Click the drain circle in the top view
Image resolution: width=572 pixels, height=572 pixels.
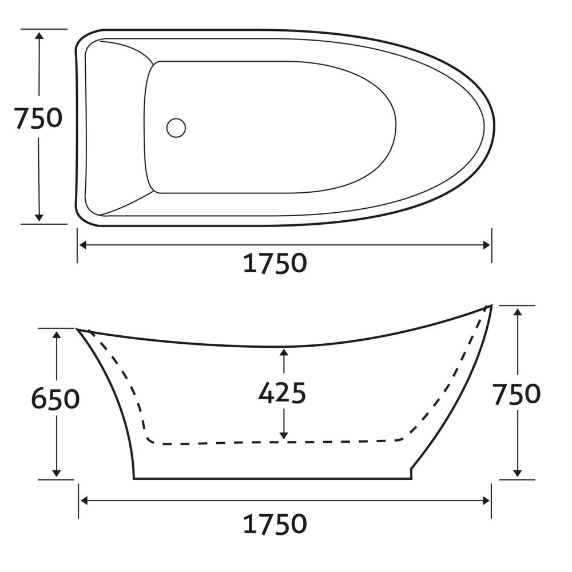point(176,128)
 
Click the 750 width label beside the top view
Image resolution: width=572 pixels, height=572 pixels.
point(38,118)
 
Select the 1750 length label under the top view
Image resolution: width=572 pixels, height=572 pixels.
point(275,263)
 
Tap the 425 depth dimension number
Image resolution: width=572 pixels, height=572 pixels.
point(282,393)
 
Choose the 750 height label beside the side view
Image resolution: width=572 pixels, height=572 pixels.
point(517,394)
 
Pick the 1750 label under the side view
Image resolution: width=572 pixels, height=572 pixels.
point(275,524)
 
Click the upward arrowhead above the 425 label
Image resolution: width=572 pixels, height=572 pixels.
point(284,352)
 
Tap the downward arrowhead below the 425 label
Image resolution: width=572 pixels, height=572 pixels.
point(284,435)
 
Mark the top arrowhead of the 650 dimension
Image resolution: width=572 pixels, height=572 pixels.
point(56,336)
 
